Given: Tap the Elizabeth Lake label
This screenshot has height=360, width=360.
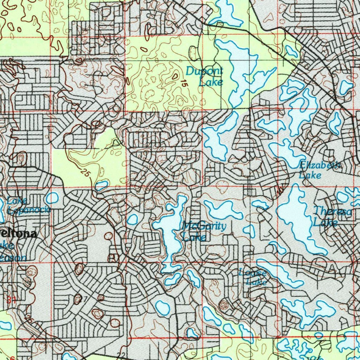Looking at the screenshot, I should coord(319,170).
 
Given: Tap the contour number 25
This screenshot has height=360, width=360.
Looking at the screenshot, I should coord(85,173).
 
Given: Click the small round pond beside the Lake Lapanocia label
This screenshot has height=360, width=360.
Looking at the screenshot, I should coord(52,198).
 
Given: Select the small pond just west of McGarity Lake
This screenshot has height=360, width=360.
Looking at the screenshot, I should coord(132,219).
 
